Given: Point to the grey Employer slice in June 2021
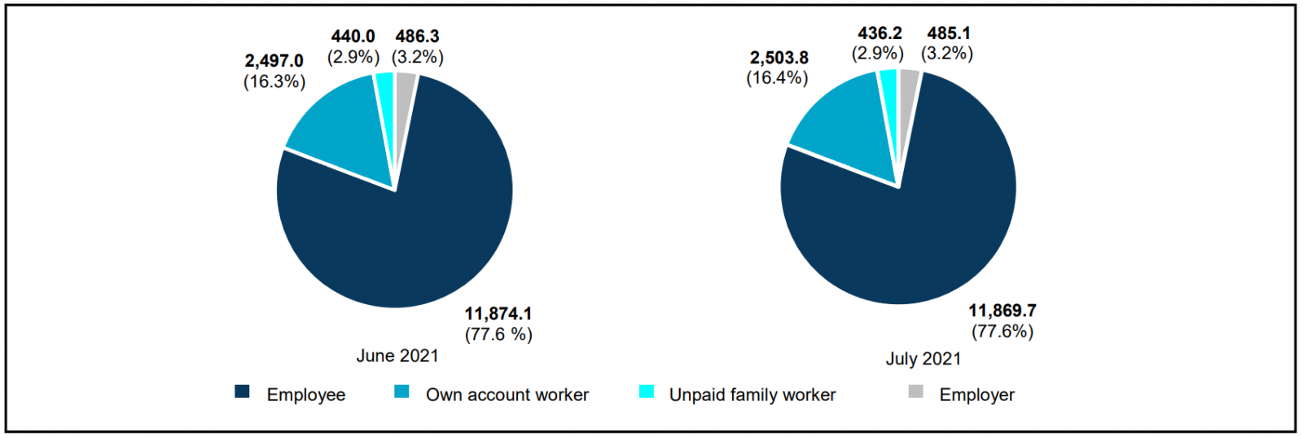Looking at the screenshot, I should (x=404, y=85).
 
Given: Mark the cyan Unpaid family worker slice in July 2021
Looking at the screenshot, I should (x=888, y=81).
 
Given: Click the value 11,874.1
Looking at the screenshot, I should (x=498, y=313).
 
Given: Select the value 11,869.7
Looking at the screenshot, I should (x=1002, y=311).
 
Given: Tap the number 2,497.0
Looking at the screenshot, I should (x=274, y=61).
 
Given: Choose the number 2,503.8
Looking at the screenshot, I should (x=779, y=58).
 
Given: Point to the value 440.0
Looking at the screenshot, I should (x=353, y=37).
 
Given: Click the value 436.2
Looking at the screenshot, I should (x=880, y=33).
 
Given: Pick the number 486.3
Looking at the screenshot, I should (x=417, y=37).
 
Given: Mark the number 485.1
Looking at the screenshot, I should (x=949, y=33).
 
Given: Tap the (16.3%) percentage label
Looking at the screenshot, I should (x=274, y=81).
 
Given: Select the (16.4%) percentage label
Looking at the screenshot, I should (x=778, y=78).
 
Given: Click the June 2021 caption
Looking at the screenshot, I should (x=397, y=355).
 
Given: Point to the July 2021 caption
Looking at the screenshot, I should (x=923, y=359).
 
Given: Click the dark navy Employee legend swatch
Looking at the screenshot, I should (x=242, y=392).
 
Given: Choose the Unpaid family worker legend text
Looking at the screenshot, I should (x=752, y=395).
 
